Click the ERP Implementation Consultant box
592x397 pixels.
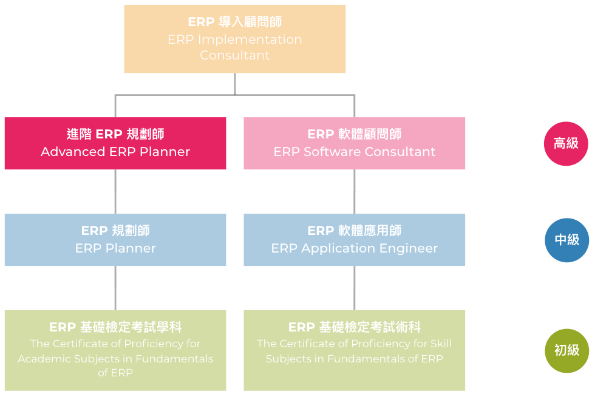click(x=235, y=39)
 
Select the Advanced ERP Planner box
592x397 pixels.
click(x=115, y=143)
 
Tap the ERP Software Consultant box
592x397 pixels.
click(x=355, y=143)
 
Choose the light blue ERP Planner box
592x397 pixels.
click(x=115, y=240)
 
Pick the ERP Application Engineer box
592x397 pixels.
click(x=355, y=240)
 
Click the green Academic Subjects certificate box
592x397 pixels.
click(x=115, y=351)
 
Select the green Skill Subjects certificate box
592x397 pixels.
click(x=355, y=351)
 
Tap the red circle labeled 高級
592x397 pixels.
click(x=566, y=144)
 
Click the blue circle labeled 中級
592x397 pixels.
click(x=566, y=240)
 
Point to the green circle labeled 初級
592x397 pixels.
click(x=566, y=351)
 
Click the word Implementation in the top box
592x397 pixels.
click(x=250, y=40)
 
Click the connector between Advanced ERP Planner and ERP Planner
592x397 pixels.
click(x=115, y=192)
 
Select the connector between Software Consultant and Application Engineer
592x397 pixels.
click(x=355, y=192)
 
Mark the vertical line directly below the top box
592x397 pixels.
click(x=235, y=84)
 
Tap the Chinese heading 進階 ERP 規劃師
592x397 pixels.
click(x=115, y=134)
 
